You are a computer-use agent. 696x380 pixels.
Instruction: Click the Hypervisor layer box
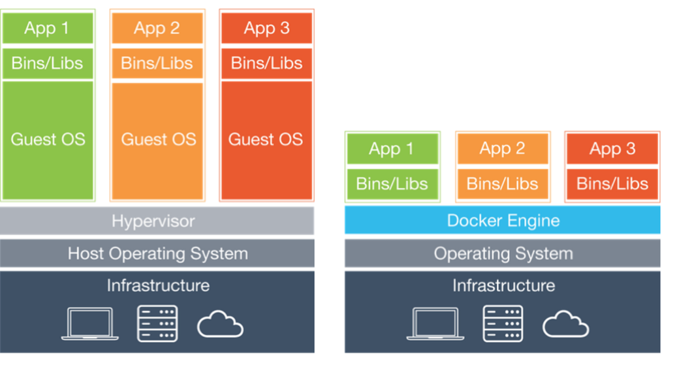pos(157,221)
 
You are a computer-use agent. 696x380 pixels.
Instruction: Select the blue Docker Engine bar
pos(502,221)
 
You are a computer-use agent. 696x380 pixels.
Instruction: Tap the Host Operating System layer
pos(157,253)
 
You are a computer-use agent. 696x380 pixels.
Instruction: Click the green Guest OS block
pos(48,140)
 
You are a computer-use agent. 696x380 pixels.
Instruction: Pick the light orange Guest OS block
pos(157,140)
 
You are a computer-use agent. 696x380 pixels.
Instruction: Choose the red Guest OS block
pos(266,140)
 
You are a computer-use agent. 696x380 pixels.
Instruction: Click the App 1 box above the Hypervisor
pos(48,28)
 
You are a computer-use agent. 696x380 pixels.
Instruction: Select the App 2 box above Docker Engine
pos(502,149)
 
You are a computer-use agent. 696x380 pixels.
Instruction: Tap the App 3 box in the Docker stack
pos(612,149)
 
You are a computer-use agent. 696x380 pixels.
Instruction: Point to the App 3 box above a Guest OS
pos(266,28)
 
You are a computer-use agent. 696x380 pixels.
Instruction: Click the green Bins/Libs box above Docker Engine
pos(392,183)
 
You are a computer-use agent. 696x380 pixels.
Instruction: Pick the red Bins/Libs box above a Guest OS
pos(266,63)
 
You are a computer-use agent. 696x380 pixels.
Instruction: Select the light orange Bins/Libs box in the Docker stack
pos(502,183)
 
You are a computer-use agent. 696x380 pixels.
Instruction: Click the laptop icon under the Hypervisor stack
pos(90,324)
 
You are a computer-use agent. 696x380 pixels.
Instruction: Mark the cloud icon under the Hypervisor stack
pos(220,325)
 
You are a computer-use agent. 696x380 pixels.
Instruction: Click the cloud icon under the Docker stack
pos(565,325)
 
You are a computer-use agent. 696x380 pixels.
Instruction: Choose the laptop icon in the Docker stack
pos(435,324)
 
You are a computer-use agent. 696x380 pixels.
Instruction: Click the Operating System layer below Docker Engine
pos(502,253)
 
